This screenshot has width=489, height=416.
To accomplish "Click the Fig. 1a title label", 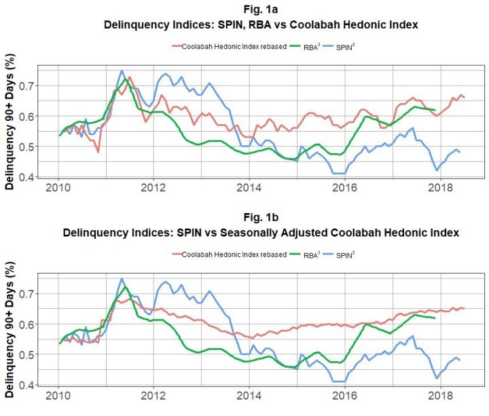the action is point(261,10).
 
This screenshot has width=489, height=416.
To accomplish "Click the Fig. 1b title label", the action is point(261,217).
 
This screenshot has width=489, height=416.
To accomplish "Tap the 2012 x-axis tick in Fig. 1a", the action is point(153,187).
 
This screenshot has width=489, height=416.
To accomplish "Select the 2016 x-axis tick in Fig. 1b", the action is point(344,396).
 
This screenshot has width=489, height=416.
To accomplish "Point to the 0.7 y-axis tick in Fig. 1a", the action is point(27,86).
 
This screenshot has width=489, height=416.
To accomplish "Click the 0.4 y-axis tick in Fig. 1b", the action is point(27,385).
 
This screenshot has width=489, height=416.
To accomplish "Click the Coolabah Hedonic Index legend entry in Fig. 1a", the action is point(230,47).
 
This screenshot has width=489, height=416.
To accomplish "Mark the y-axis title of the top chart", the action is point(10,121).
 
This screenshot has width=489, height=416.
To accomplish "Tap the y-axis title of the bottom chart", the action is point(10,329).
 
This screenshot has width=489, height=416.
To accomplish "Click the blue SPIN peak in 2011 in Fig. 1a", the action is point(122,71).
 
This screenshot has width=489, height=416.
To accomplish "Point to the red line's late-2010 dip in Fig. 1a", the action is point(98,152).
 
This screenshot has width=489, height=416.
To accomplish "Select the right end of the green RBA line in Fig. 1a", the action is point(435,110).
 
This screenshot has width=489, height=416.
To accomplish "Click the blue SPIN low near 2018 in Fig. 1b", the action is point(437,378).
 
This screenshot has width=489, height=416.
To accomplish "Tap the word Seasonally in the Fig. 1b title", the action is point(242,233).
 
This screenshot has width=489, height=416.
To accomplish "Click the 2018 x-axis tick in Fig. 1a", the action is point(440,187).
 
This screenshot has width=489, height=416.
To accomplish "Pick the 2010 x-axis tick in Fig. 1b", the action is point(58,396).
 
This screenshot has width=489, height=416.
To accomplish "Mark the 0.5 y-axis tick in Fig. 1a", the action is point(27,147).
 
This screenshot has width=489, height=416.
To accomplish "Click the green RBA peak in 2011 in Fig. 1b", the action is point(126,286).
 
